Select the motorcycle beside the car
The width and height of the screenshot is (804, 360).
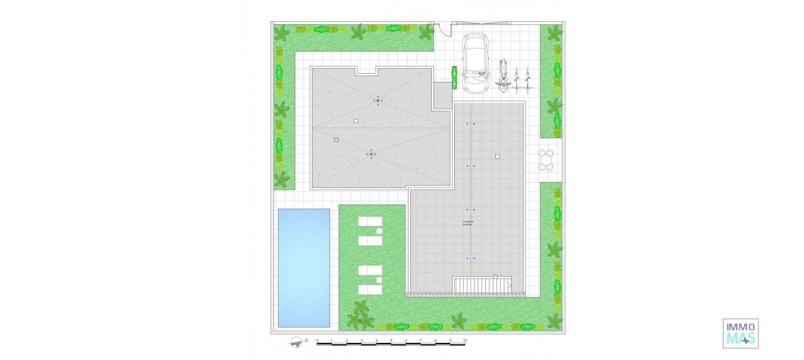coord(503,77)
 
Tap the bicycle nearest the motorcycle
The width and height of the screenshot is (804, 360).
coord(516,80)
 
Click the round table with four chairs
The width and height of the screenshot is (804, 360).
coord(546,160)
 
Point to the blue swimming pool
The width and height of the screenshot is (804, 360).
coord(304,268)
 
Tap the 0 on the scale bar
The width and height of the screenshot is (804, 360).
coord(317,341)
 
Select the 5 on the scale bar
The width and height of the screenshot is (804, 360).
coord(391,341)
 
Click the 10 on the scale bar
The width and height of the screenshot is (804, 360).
coord(465,341)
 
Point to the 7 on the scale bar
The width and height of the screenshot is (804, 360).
coord(421,341)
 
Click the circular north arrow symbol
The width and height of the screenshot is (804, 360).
coord(295,342)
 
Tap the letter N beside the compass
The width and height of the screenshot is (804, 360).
coord(307,341)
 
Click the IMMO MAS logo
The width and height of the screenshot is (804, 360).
coord(740,333)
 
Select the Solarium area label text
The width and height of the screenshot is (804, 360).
coord(467,223)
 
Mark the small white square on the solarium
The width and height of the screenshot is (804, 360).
coord(497,157)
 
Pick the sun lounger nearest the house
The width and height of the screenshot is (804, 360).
coord(370,221)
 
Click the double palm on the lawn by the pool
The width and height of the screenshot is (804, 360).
coord(360,315)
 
